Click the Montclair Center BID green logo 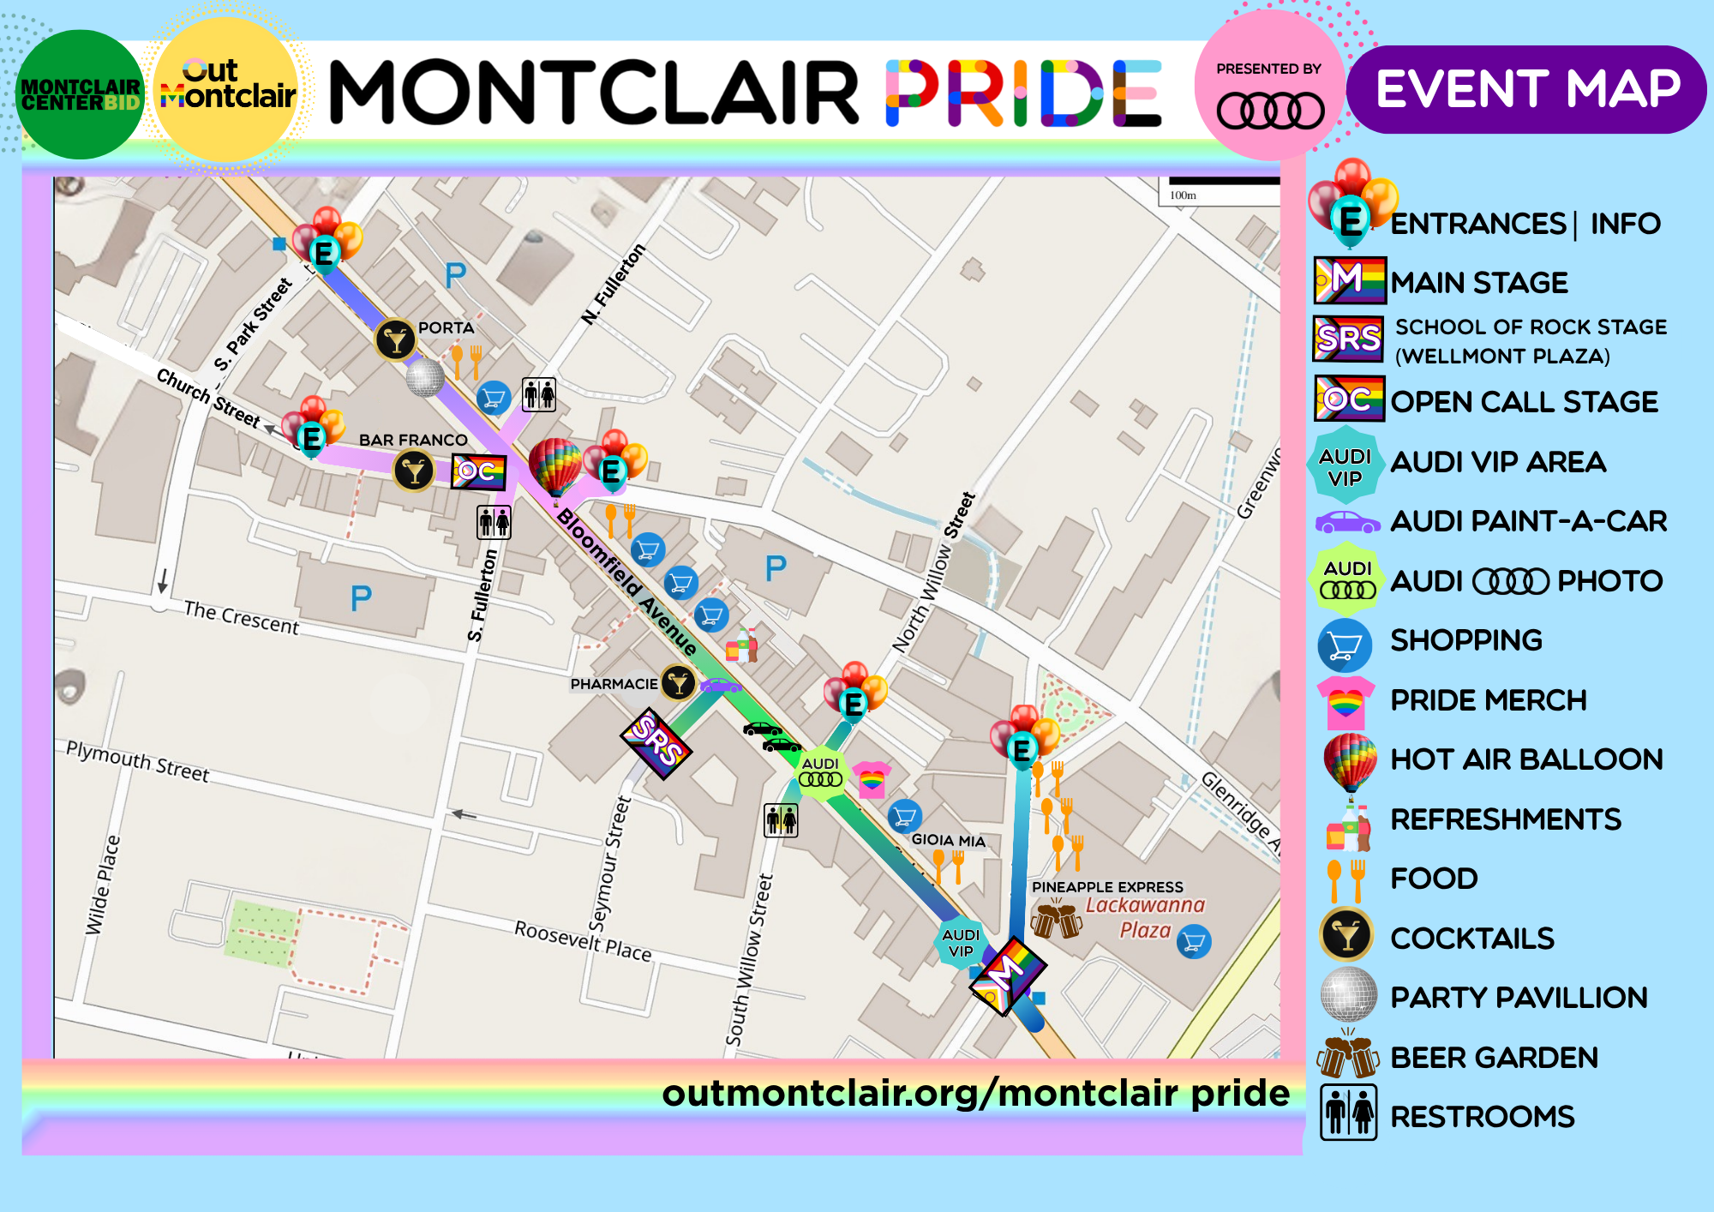[x=80, y=94]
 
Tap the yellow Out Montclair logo [x=227, y=89]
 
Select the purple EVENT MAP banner [x=1526, y=89]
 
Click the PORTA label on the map [x=446, y=327]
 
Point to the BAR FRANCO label [x=413, y=440]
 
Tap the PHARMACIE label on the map [x=614, y=684]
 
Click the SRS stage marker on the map [x=656, y=742]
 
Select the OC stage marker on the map [x=478, y=471]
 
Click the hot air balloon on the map [x=554, y=465]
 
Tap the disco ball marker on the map [x=424, y=376]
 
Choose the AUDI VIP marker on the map [x=961, y=942]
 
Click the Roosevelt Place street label [x=583, y=940]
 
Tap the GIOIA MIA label [x=948, y=840]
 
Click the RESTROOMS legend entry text [x=1482, y=1117]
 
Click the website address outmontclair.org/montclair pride [x=975, y=1093]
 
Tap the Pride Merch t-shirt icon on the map [x=872, y=779]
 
